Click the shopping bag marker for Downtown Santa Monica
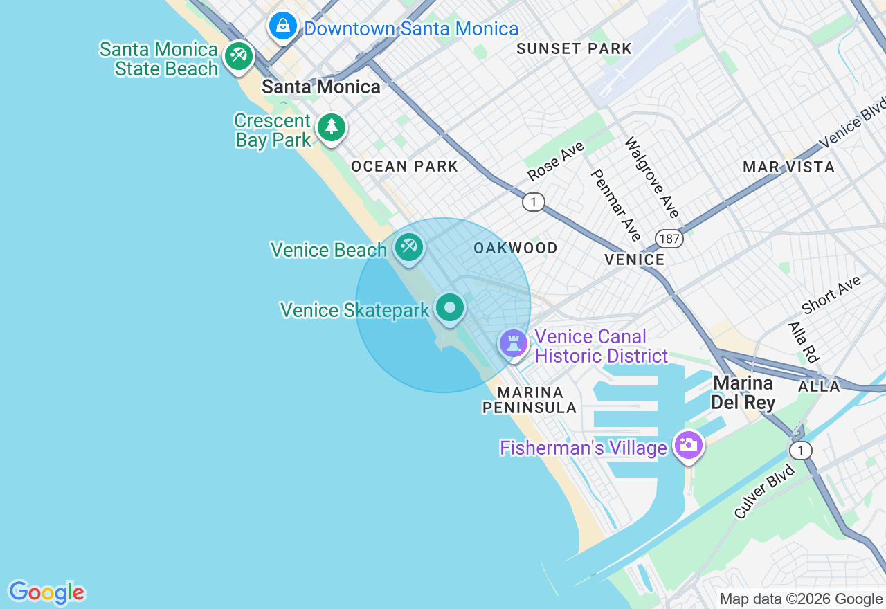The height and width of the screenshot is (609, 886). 282,26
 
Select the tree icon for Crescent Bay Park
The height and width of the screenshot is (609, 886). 332,127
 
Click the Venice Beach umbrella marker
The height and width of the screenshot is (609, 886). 408,246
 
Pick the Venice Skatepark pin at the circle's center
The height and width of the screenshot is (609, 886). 451,306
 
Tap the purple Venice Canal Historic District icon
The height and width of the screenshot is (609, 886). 514,342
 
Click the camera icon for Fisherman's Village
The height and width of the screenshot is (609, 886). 688,444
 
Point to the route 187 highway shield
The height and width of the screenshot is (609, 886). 670,239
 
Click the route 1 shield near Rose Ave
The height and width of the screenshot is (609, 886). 533,202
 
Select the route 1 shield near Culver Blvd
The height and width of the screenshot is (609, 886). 801,451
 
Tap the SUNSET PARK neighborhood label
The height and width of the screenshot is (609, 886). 574,48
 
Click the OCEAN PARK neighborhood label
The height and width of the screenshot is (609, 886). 404,166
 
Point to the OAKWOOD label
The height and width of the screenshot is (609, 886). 515,248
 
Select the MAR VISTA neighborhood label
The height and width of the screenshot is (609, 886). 788,167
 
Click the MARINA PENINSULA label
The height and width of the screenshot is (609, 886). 530,400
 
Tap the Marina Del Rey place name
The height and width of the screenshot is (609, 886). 744,392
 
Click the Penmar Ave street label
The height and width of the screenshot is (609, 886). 616,205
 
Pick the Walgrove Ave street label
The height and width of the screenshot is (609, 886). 652,178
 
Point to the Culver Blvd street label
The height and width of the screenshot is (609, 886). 764,491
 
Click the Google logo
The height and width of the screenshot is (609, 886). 46,592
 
